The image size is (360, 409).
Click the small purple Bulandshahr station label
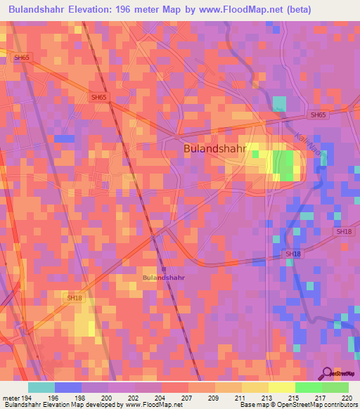tap(164, 278)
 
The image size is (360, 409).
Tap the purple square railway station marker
tap(163, 268)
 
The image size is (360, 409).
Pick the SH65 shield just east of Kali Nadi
tap(318, 115)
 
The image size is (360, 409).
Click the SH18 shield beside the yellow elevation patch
tap(75, 299)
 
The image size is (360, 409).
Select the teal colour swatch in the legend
tap(41, 387)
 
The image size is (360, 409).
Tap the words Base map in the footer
tap(252, 404)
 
